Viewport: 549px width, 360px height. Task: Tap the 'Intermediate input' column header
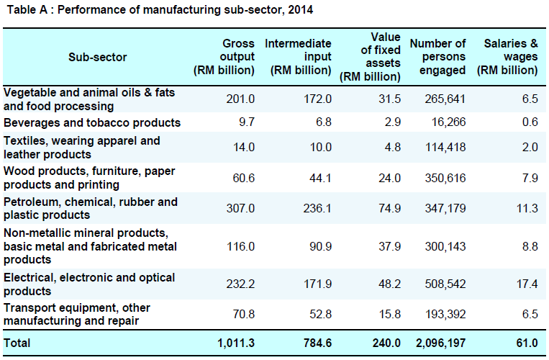[x=298, y=57]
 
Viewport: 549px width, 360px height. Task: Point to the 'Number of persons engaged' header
[x=437, y=57]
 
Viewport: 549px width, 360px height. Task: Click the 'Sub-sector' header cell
[x=98, y=57]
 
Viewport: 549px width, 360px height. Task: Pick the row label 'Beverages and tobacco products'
[x=92, y=123]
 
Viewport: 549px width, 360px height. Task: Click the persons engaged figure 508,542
[x=445, y=284]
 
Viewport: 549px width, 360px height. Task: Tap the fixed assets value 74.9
[x=388, y=209]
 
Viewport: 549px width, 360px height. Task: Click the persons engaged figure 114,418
[x=445, y=148]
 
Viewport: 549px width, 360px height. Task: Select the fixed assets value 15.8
[x=388, y=315]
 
